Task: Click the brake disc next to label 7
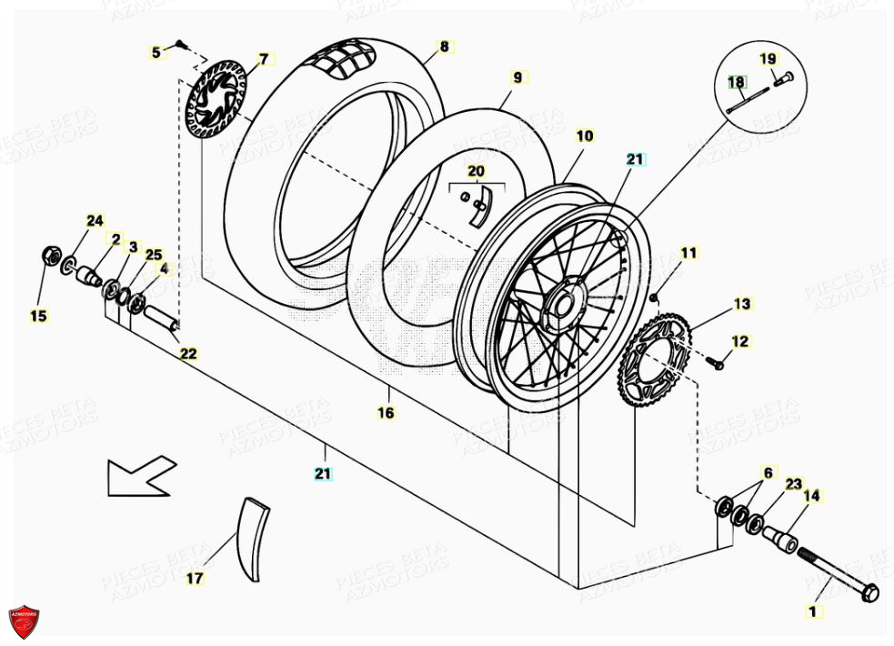(x=216, y=101)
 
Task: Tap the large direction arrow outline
(x=139, y=475)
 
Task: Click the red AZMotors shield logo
(x=25, y=621)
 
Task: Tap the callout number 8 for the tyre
(x=444, y=46)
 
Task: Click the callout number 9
(x=517, y=78)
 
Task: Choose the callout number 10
(x=584, y=136)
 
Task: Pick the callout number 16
(x=387, y=412)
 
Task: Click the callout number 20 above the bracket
(x=477, y=171)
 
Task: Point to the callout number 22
(x=187, y=354)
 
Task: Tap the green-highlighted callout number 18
(x=735, y=83)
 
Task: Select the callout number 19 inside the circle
(x=768, y=59)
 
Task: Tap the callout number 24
(x=95, y=221)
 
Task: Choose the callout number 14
(x=811, y=496)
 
